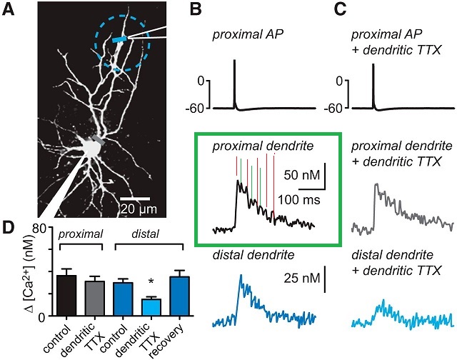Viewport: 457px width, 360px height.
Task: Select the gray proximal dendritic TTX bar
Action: point(94,298)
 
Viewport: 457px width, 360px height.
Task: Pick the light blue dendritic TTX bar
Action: point(151,307)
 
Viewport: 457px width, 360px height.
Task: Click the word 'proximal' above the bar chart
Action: point(79,234)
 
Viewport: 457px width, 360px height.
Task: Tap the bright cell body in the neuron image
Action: point(91,148)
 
